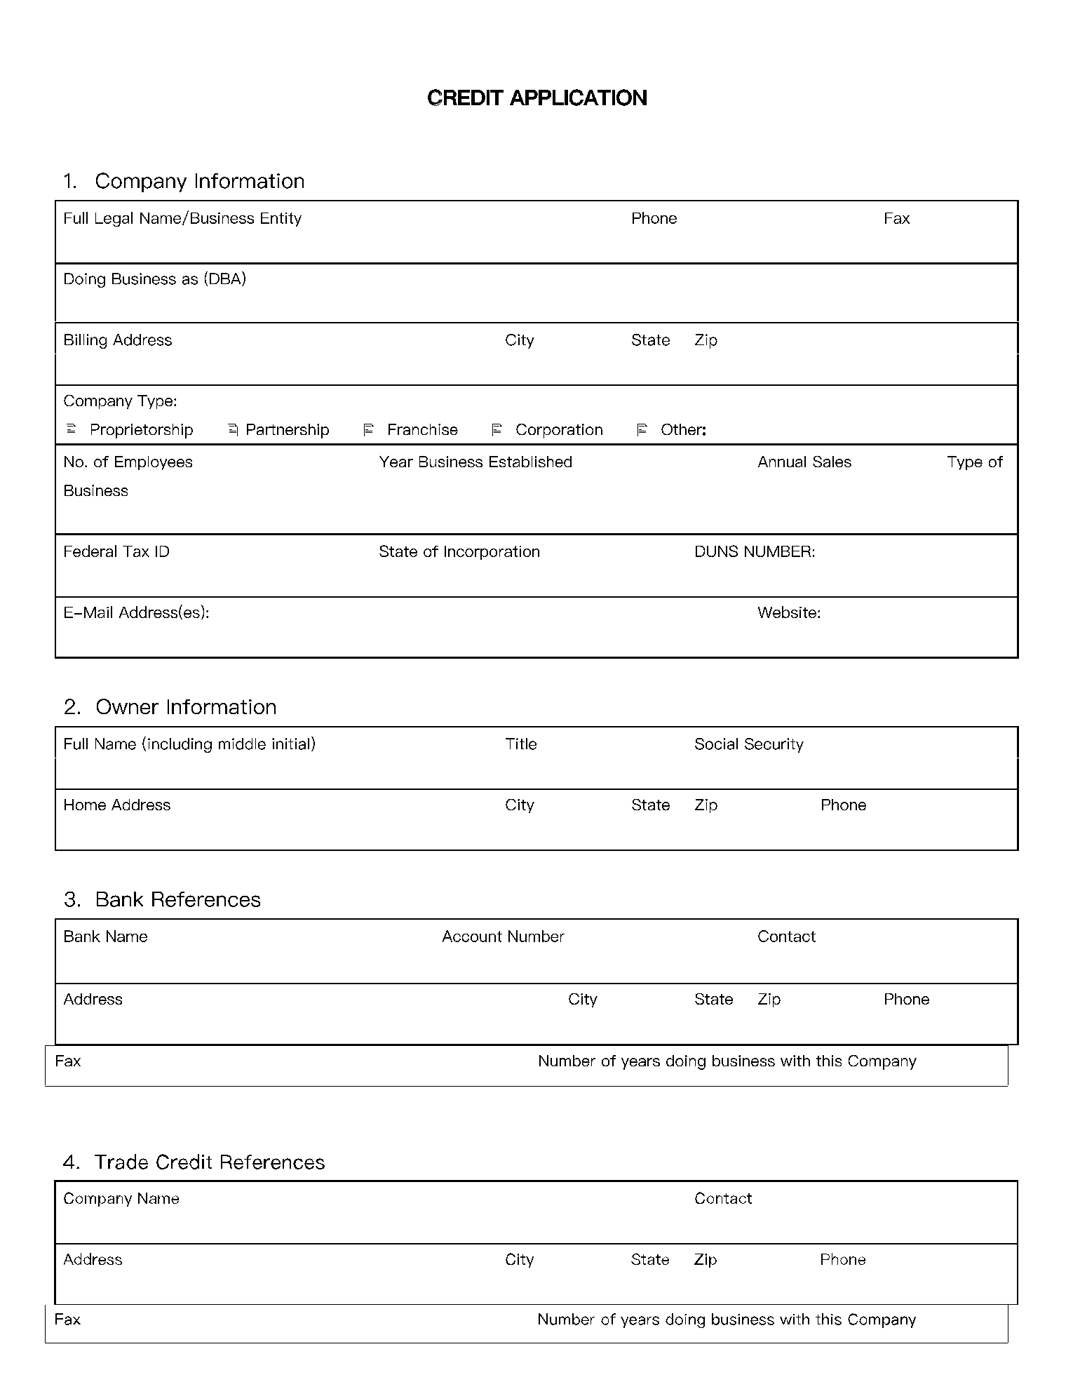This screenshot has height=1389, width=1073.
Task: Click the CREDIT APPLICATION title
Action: [536, 98]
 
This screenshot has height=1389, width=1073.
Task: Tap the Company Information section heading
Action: [199, 181]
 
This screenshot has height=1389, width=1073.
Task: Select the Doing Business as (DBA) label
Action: [154, 279]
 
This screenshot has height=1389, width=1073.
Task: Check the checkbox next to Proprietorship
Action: [71, 429]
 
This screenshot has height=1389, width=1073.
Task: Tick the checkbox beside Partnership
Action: [234, 429]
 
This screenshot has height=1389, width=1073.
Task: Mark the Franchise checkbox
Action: [368, 429]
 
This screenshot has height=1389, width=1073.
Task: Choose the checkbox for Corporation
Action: [497, 429]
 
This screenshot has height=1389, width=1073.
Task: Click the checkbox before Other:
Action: [642, 429]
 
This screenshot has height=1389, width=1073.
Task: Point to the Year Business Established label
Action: [475, 462]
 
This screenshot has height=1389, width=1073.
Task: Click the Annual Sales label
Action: [804, 462]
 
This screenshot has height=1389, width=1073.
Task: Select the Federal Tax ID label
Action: [116, 552]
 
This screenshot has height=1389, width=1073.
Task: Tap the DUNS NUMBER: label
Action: [755, 552]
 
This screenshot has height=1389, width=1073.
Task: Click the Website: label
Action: [789, 613]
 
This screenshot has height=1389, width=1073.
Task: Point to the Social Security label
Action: [748, 744]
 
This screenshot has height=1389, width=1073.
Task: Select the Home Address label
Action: [117, 805]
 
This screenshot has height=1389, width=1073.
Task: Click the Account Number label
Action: [503, 937]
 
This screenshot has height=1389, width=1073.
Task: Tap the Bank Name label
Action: [105, 937]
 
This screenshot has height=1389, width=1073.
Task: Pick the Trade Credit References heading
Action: [210, 1162]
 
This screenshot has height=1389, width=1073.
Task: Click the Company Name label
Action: [121, 1199]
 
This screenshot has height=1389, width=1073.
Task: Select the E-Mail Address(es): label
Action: [136, 613]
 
